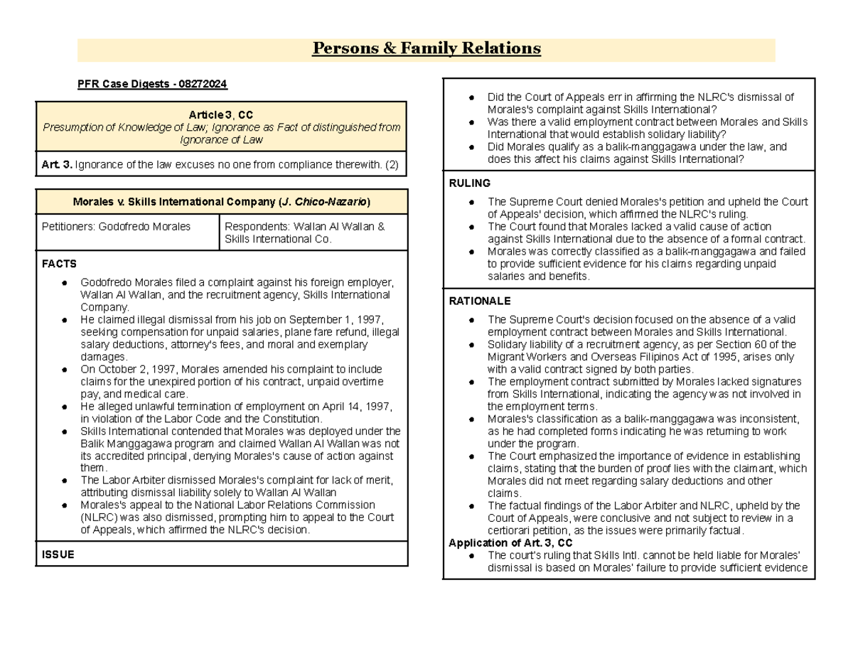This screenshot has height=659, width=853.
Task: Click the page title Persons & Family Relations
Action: click(x=426, y=48)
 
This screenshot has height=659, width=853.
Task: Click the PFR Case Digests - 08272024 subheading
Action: click(x=152, y=85)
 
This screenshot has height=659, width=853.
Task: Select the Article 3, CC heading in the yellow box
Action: click(x=221, y=114)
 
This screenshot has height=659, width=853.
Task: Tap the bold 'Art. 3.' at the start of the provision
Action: click(x=57, y=165)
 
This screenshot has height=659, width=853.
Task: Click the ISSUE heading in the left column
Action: click(x=58, y=554)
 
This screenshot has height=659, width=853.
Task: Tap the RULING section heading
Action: click(x=469, y=183)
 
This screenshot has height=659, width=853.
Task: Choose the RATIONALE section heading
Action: click(x=479, y=301)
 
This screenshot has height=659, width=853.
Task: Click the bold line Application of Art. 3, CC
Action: click(x=510, y=543)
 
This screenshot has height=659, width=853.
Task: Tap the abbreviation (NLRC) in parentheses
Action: click(x=100, y=518)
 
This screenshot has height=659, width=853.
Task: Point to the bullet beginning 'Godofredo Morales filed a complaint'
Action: click(x=65, y=283)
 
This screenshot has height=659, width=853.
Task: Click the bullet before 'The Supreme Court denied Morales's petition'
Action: click(x=473, y=202)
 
